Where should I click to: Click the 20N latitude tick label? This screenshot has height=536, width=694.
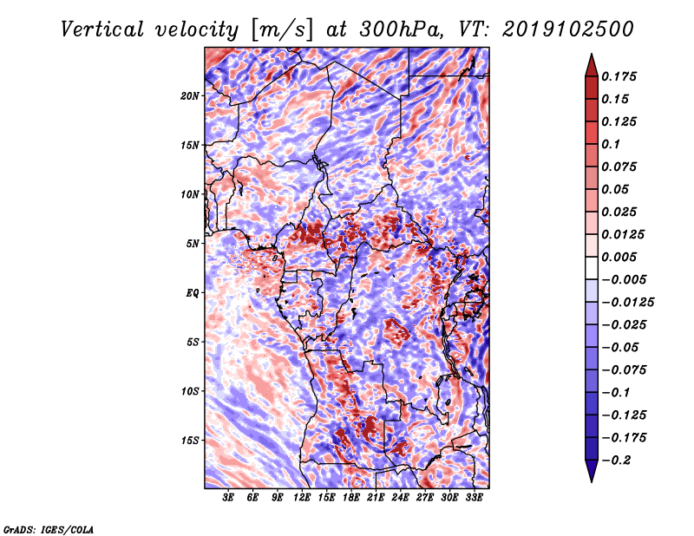[x=190, y=95]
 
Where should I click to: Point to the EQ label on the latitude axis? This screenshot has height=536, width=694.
[x=192, y=292]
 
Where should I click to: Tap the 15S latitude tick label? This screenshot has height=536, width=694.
[x=190, y=440]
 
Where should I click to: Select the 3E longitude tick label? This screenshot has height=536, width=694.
[x=229, y=498]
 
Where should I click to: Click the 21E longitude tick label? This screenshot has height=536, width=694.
[x=376, y=498]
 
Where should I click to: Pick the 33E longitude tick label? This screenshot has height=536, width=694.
[x=475, y=498]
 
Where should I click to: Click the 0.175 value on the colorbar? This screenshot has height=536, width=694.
[x=622, y=76]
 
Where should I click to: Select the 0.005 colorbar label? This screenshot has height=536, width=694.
[x=622, y=257]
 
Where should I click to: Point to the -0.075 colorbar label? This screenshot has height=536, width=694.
[x=629, y=370]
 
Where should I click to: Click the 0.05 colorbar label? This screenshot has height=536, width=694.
[x=619, y=189]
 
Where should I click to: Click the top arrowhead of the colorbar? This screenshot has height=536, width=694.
[x=591, y=62]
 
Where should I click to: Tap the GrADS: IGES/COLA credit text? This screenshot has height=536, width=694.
[x=48, y=528]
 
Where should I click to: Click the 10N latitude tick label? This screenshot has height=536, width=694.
[x=190, y=194]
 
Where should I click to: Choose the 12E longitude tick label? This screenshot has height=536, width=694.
[x=303, y=498]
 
